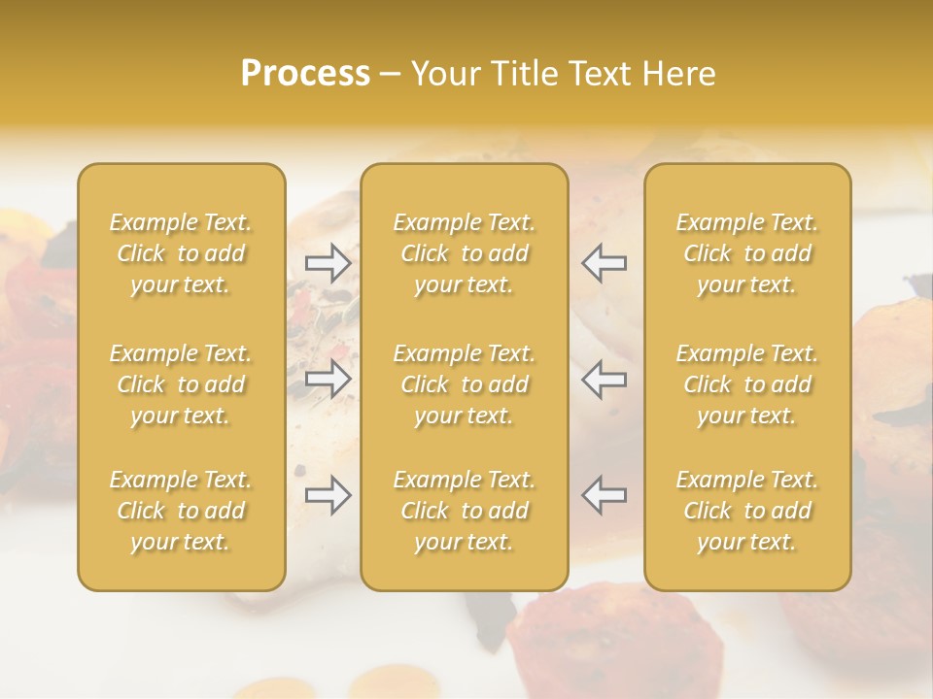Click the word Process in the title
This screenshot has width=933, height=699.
coord(305,74)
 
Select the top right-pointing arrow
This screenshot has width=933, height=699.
coord(328,263)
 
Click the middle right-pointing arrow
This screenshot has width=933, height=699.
coord(328,379)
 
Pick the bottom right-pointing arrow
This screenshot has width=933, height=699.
coord(328,495)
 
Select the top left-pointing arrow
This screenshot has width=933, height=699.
coord(604,263)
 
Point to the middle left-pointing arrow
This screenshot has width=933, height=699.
coord(604,379)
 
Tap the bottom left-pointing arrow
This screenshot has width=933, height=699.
coord(604,495)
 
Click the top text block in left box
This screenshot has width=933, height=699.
coord(181,253)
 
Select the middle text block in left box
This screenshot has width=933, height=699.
coord(181,384)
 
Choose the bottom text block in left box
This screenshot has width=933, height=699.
coord(181,511)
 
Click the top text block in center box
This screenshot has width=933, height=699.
coord(465,253)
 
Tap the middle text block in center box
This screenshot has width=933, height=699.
coord(465,384)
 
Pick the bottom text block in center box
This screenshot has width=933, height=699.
coord(465,511)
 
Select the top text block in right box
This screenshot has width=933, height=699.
coord(747,253)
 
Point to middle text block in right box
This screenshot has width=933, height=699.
coord(747,384)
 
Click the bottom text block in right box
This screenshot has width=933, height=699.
coord(747,511)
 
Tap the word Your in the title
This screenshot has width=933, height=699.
coord(446,74)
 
